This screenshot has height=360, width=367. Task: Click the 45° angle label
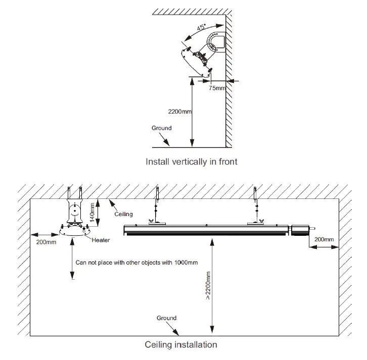pyautogui.click(x=201, y=28)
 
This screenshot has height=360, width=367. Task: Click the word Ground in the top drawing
pyautogui.click(x=161, y=128)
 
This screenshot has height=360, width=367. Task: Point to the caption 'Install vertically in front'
pyautogui.click(x=191, y=162)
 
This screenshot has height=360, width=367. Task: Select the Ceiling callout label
pyautogui.click(x=123, y=215)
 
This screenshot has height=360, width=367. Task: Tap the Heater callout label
pyautogui.click(x=101, y=240)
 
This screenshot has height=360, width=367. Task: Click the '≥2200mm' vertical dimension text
pyautogui.click(x=208, y=285)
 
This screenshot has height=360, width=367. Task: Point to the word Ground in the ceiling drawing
pyautogui.click(x=166, y=318)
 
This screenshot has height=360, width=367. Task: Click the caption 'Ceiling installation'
pyautogui.click(x=181, y=345)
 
